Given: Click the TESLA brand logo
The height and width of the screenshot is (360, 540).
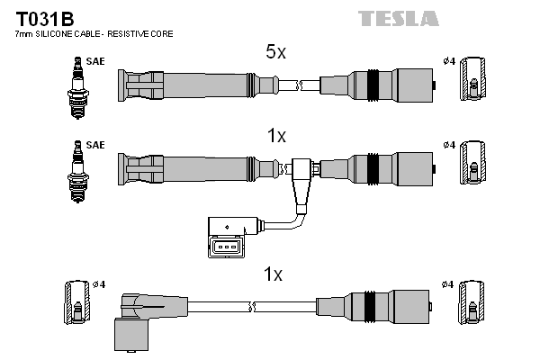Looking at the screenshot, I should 399,18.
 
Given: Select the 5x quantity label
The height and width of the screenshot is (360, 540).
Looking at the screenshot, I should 275,52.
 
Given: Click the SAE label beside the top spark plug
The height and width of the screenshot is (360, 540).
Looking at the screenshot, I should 94,62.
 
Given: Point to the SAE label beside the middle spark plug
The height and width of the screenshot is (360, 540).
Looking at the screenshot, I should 94,145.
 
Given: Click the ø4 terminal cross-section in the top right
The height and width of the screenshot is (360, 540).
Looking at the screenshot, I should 471,86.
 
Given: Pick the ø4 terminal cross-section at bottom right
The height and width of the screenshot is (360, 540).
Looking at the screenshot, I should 471,307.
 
